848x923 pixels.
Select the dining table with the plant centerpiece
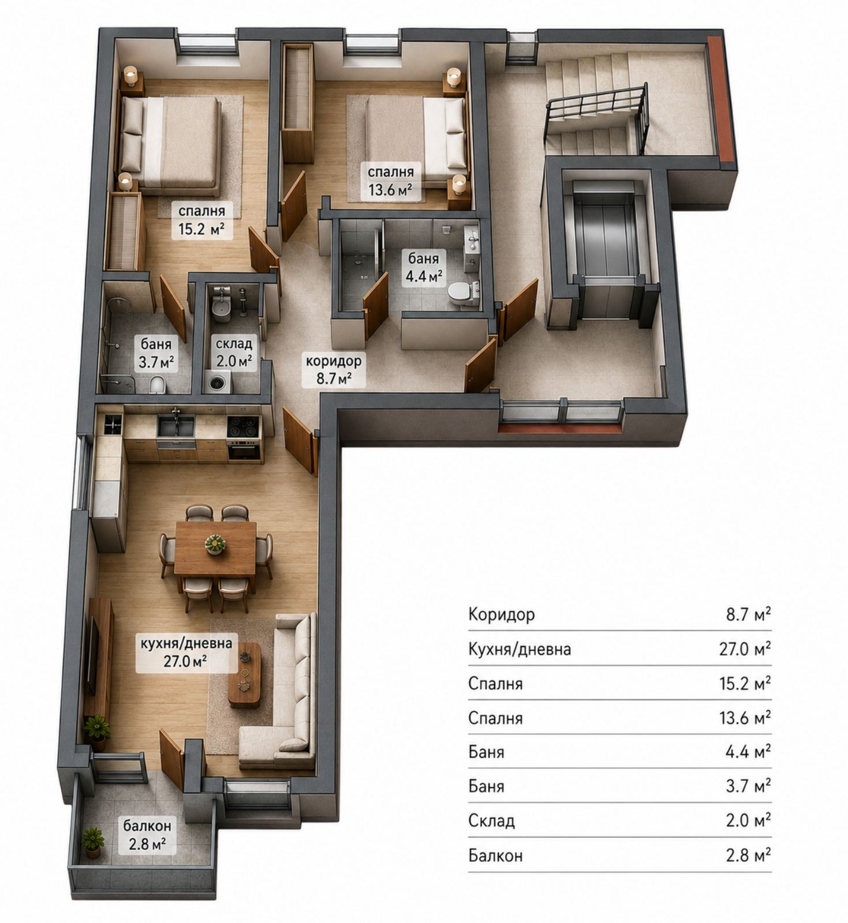tap(215, 548)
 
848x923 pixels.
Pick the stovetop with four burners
tap(244, 427)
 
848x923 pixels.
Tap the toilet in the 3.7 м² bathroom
tap(157, 384)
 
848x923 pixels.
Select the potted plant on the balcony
tap(93, 843)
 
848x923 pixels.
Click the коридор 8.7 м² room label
tap(334, 370)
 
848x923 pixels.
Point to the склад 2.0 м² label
tap(234, 352)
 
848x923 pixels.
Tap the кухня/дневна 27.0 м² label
tap(186, 652)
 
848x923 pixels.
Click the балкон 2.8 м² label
tap(147, 835)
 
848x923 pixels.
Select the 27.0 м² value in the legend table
tap(745, 649)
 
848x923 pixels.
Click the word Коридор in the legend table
tap(502, 614)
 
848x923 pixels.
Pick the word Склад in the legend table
tap(491, 820)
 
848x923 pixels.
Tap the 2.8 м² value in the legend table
tap(749, 855)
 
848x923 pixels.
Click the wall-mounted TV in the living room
tap(91, 656)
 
